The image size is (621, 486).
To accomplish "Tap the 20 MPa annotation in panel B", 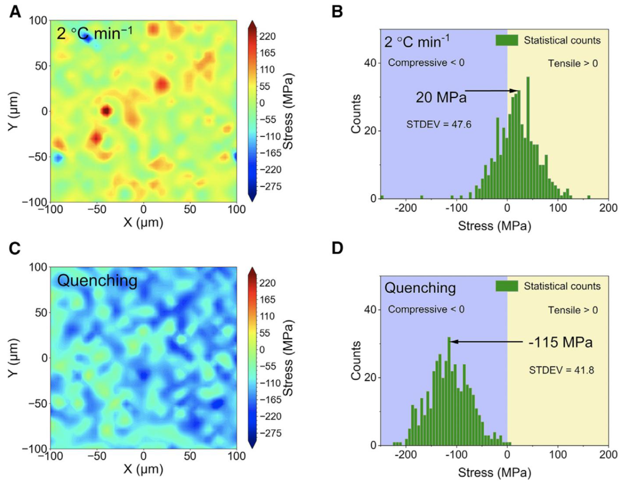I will pos(441,98).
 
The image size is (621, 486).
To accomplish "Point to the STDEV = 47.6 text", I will pos(439,124).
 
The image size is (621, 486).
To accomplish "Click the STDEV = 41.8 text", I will pos(562,370).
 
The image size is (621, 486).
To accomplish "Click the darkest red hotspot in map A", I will pos(106,110).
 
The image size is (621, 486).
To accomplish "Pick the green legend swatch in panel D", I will pos(506,286).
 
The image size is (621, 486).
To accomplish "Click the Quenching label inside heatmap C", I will pos(97,281).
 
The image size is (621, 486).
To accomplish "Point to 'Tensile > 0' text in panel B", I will pos(573,63).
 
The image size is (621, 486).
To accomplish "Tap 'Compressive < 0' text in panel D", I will pos(426,309).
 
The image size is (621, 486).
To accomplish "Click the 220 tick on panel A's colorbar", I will pos(267,37).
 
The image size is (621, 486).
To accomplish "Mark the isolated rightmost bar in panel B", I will pos(589,197).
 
